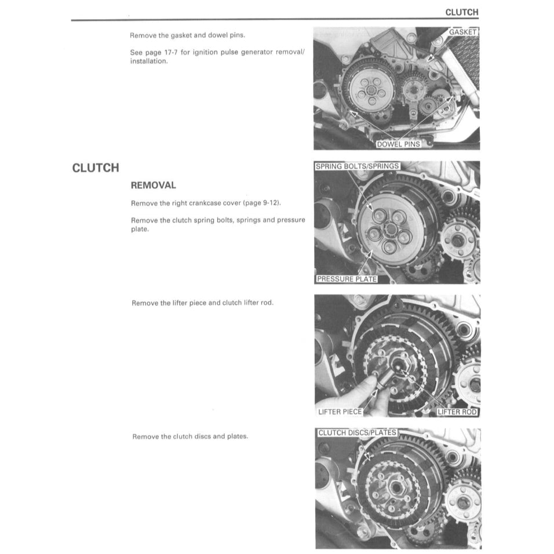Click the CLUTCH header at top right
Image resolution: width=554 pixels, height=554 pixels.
tap(461, 12)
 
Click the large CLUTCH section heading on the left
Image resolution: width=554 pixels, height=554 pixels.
tap(96, 168)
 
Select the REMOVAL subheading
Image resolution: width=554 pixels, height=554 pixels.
tap(153, 185)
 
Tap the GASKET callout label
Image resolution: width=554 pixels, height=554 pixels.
tap(462, 32)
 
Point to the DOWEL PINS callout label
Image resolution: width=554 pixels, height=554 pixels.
tap(398, 144)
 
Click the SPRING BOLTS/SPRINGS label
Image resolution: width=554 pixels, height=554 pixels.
tap(357, 166)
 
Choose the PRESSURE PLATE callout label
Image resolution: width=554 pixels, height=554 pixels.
tap(347, 279)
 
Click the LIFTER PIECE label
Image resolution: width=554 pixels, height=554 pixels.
tap(340, 412)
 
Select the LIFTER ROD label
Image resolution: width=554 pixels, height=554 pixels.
tap(457, 412)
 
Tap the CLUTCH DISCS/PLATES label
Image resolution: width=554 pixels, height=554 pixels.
tap(357, 433)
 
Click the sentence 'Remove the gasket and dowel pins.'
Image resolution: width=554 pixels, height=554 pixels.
tap(183, 35)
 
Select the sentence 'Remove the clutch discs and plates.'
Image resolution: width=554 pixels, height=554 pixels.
tap(190, 436)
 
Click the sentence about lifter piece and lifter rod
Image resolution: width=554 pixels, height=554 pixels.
tap(202, 303)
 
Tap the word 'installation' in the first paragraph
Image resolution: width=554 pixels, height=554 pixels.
tap(148, 61)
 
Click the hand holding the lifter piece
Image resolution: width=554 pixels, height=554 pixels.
tap(348, 400)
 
